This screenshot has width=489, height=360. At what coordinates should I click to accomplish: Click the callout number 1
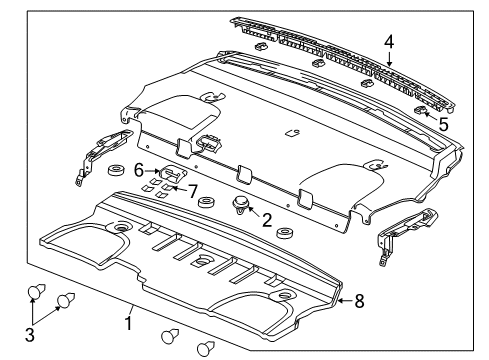129,323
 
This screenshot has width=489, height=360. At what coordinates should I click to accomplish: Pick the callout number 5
442,125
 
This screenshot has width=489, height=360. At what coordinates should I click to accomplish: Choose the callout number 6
139,171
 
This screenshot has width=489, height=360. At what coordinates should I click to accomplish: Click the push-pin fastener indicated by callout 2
242,207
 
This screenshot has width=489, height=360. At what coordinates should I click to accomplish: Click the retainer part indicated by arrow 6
166,172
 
